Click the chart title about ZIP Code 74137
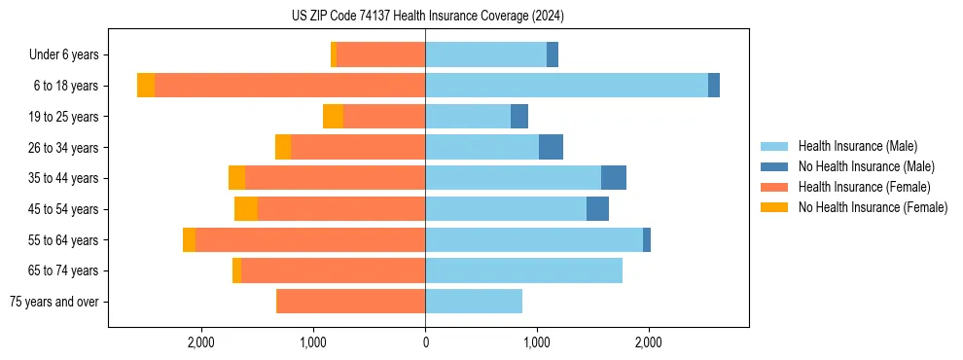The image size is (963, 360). pyautogui.click(x=427, y=16)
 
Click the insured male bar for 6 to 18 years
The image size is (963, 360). pyautogui.click(x=566, y=86)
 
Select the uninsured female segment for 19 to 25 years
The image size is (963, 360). pyautogui.click(x=333, y=117)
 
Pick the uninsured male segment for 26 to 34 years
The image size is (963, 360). pyautogui.click(x=551, y=147)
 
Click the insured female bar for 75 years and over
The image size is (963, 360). pyautogui.click(x=350, y=302)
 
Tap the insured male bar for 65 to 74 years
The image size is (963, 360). pyautogui.click(x=523, y=270)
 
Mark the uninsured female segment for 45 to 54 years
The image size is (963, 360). pyautogui.click(x=246, y=209)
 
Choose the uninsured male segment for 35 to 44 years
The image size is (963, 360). pyautogui.click(x=614, y=178)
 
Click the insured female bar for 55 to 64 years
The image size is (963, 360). pyautogui.click(x=310, y=240)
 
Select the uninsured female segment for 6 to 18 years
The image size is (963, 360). pyautogui.click(x=146, y=86)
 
